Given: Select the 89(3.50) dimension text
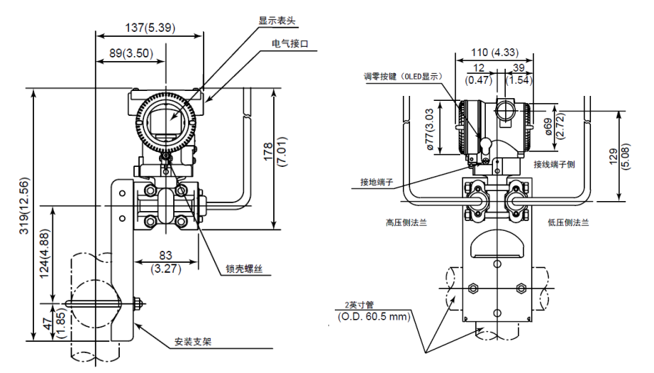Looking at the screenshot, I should click(127, 53).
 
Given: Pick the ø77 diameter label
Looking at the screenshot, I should click(429, 129).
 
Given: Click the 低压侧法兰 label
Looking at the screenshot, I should click(566, 222).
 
